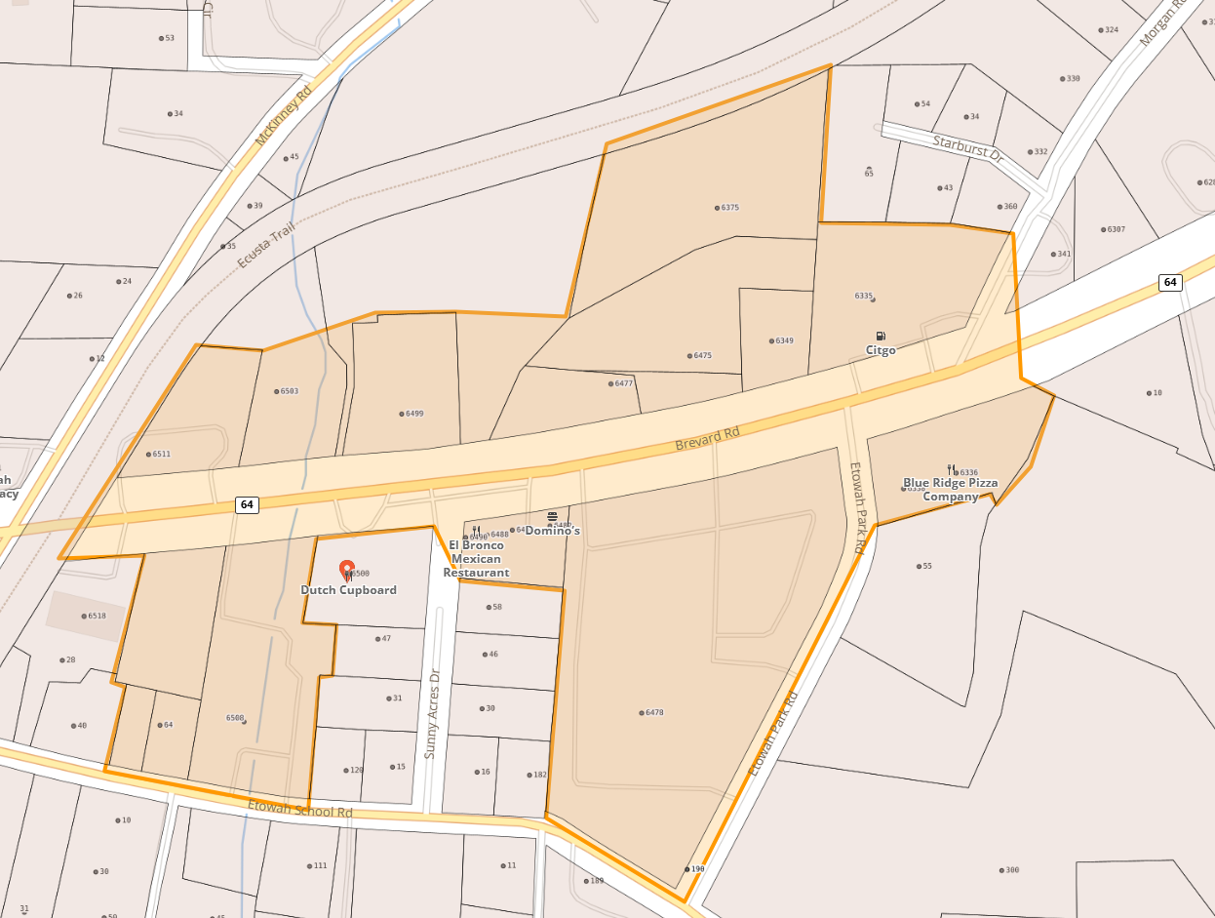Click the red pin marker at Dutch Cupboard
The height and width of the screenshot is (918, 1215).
click(x=346, y=570)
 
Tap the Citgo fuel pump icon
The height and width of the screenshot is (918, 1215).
click(x=881, y=336)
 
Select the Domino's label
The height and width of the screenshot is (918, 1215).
click(x=553, y=531)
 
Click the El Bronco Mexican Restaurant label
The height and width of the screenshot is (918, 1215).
click(x=476, y=559)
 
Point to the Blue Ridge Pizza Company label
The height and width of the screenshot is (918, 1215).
click(x=950, y=490)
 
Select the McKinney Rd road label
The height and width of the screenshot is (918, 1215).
click(x=283, y=115)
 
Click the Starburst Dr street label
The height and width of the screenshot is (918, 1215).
click(x=967, y=148)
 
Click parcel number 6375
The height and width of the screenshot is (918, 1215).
click(x=729, y=208)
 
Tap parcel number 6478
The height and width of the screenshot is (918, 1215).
click(x=653, y=713)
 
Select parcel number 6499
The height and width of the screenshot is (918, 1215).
click(x=413, y=414)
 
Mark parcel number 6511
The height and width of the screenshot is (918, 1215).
click(x=160, y=455)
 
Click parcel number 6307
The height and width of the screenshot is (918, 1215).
click(x=1116, y=229)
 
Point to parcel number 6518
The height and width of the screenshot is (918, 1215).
click(x=96, y=617)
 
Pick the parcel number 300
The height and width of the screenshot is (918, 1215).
click(x=1011, y=870)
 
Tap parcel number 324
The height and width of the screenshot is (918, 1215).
click(x=1111, y=30)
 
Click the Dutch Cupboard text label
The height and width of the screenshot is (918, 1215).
click(x=348, y=590)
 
